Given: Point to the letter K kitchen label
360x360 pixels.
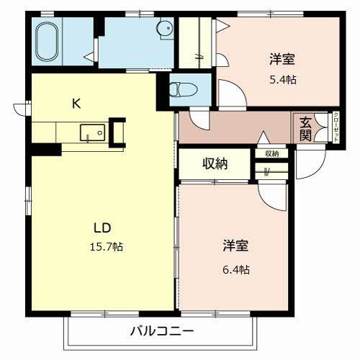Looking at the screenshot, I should [x=76, y=103].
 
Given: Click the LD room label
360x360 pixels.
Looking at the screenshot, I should [x=102, y=228].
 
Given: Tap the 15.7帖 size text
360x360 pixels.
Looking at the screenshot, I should [x=105, y=247].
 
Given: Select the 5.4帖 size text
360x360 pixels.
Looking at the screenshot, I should [x=282, y=80].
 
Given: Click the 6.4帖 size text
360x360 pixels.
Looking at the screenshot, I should [x=235, y=270].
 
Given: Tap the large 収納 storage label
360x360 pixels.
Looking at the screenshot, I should [x=215, y=163].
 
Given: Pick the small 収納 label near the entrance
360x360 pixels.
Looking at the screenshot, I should [x=271, y=153].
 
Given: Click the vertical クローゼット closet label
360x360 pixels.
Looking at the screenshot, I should [x=318, y=127].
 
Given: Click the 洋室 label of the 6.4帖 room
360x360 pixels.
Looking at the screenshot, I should [x=235, y=246].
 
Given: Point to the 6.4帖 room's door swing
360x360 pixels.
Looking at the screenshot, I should [x=274, y=193].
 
